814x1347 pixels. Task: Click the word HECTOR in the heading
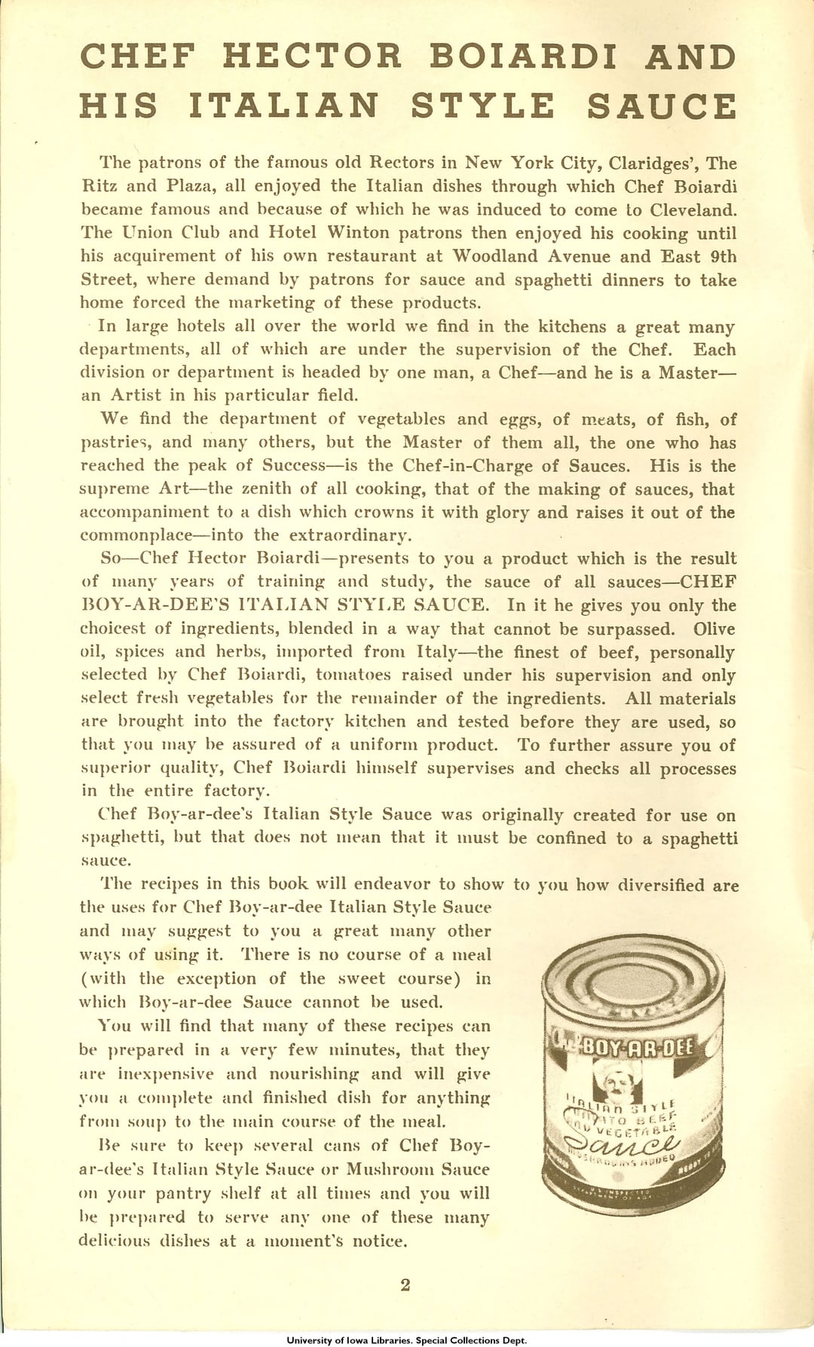pos(312,57)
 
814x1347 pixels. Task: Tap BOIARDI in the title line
pos(524,57)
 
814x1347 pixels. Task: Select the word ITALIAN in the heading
pos(283,106)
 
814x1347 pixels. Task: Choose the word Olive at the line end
pos(715,629)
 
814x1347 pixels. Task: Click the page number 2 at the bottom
pos(405,1285)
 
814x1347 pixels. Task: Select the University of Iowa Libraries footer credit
pos(407,1340)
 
